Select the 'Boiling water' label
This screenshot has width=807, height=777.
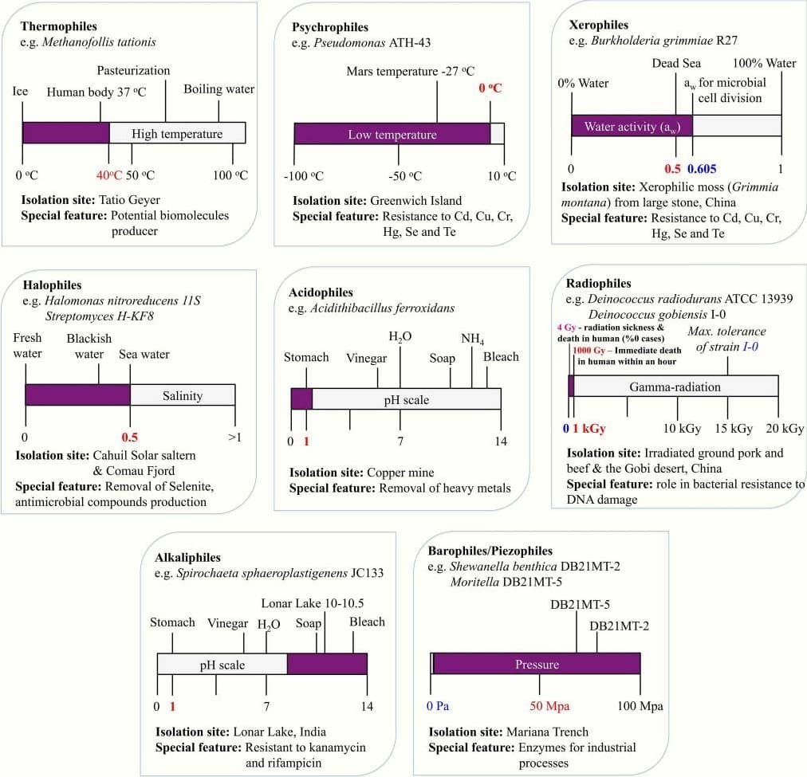(x=218, y=89)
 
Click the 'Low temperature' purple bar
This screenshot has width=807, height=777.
(x=392, y=135)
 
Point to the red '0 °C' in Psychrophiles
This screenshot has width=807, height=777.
(x=490, y=88)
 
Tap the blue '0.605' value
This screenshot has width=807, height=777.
(x=703, y=169)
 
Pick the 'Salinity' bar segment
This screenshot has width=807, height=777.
(x=183, y=394)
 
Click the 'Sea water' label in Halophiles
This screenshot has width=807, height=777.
(x=144, y=355)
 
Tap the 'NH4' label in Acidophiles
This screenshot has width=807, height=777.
(x=472, y=339)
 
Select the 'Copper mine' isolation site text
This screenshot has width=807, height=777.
(x=401, y=473)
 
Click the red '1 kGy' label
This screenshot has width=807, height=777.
(x=589, y=428)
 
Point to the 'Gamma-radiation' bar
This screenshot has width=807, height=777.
(x=675, y=387)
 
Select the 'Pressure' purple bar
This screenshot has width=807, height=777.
(x=536, y=664)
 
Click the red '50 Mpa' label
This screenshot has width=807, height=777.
(x=538, y=706)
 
